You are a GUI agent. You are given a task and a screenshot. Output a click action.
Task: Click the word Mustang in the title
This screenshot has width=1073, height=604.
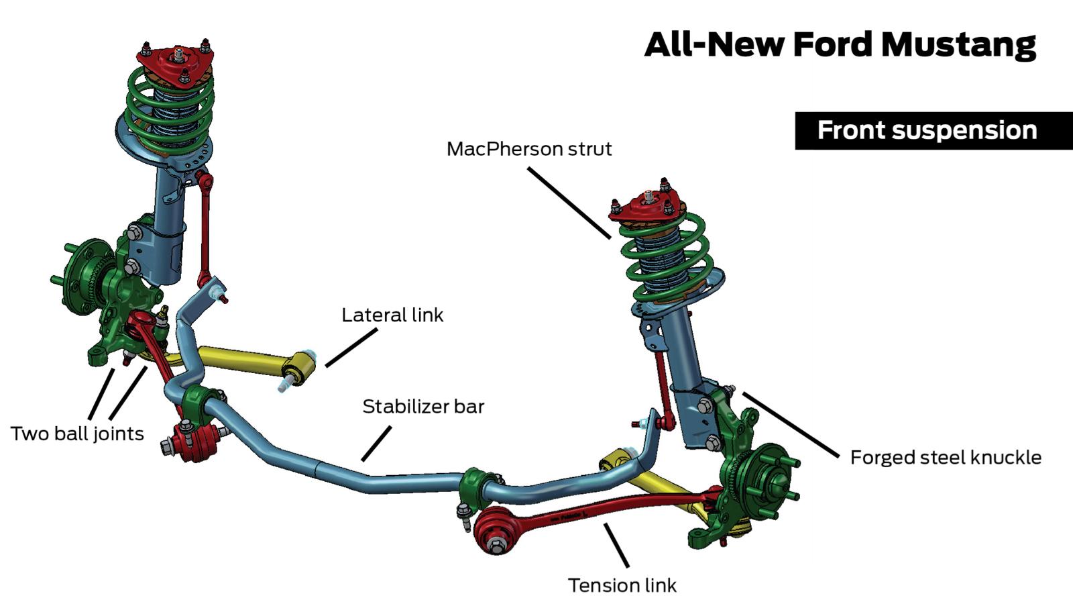click(958, 45)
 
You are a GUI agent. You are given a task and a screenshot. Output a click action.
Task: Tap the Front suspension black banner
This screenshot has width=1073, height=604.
click(934, 131)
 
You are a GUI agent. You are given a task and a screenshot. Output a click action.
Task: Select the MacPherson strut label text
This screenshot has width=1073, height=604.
click(529, 149)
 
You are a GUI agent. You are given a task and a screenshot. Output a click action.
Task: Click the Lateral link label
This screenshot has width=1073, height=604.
click(392, 315)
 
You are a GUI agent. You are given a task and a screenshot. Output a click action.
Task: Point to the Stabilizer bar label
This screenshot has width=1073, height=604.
click(423, 407)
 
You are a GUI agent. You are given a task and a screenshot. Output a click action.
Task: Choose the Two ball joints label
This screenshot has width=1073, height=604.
click(77, 434)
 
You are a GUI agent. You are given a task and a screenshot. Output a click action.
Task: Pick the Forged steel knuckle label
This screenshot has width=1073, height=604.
click(946, 457)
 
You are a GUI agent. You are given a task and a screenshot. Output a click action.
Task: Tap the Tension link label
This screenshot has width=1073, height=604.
click(622, 585)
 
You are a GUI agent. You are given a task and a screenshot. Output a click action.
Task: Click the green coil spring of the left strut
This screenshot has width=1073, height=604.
click(168, 108)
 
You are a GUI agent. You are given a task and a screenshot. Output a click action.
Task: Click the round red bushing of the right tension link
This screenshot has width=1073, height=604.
click(496, 532)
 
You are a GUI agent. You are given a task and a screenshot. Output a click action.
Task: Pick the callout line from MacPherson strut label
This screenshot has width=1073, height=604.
click(569, 203)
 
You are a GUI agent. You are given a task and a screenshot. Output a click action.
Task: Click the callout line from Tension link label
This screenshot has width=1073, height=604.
click(616, 545)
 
